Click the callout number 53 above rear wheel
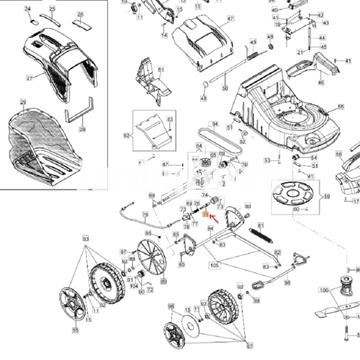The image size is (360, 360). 86,239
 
